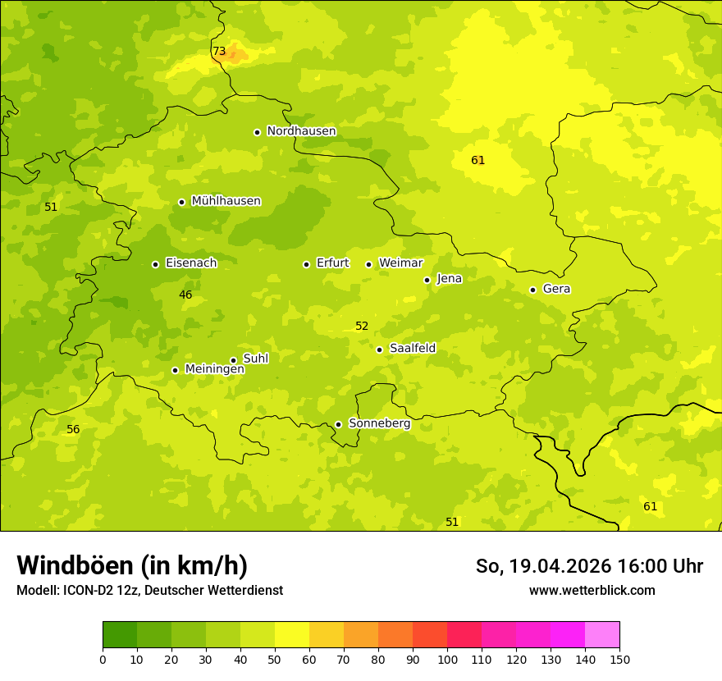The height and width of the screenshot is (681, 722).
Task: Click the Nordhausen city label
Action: coord(301,131)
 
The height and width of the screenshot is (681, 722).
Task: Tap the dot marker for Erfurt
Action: coord(306,264)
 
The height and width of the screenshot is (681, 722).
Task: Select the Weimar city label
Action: coord(400,263)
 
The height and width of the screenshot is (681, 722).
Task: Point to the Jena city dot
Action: coord(427,280)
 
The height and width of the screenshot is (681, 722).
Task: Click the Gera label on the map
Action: coord(556,289)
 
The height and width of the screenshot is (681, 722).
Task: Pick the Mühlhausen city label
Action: coord(226,201)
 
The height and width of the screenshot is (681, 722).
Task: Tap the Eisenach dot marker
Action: coord(155,264)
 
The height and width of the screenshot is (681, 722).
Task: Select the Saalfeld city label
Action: coord(412,349)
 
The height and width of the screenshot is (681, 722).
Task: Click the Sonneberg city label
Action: coord(379,423)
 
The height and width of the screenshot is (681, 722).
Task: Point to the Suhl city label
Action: coord(256,359)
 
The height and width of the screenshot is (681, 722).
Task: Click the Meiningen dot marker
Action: coord(175,370)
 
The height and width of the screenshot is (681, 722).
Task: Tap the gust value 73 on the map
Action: coord(219,52)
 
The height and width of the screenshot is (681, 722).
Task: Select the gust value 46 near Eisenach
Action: coord(185,295)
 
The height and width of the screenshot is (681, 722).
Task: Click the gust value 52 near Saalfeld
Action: coord(362,327)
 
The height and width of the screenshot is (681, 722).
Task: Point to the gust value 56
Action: coord(73,430)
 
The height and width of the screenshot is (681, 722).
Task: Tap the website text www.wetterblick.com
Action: coord(592,591)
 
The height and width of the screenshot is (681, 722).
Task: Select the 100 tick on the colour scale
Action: coord(447,659)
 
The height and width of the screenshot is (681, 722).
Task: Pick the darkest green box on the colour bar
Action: coord(120,634)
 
